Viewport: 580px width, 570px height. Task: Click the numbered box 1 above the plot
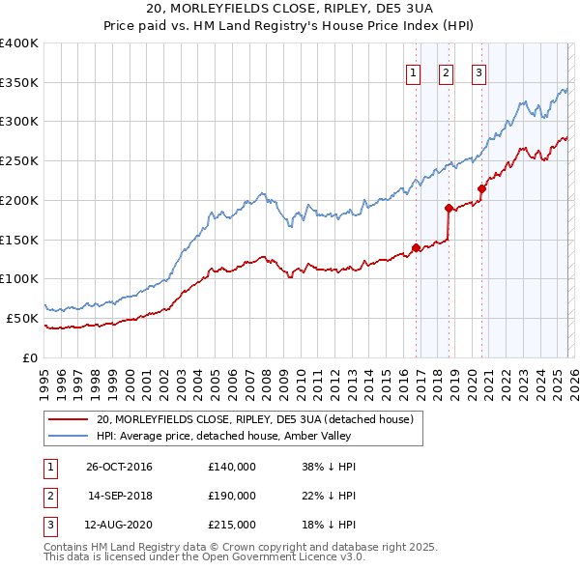(x=414, y=71)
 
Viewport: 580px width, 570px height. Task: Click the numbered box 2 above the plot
(x=446, y=71)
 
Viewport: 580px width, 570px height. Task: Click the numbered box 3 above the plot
(x=478, y=71)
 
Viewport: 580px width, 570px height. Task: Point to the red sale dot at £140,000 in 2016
(x=416, y=247)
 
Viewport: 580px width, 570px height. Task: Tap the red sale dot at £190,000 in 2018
(x=449, y=208)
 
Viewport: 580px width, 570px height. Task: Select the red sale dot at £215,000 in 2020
(x=481, y=188)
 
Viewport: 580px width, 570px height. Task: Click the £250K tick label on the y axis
(x=19, y=161)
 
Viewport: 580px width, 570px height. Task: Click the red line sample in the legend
(x=69, y=419)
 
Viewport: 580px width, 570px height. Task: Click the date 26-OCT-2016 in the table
(x=119, y=468)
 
